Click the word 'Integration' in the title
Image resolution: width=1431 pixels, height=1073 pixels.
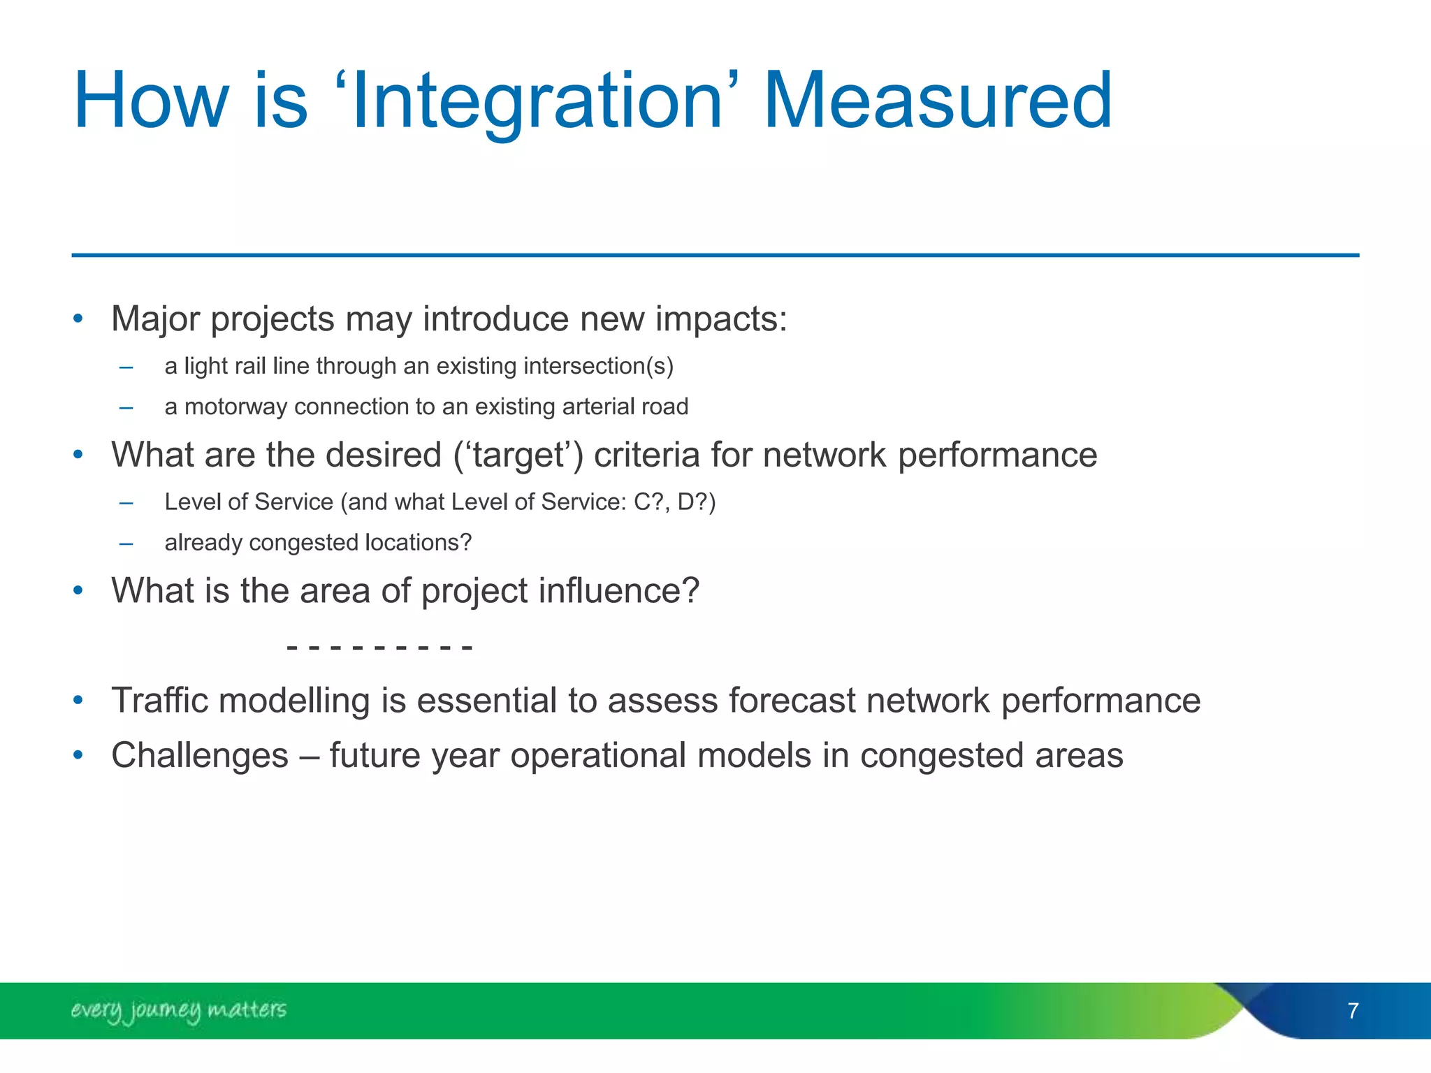point(537,103)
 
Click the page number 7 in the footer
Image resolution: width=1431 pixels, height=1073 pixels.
point(1353,1011)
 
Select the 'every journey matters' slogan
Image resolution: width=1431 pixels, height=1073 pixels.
point(178,1010)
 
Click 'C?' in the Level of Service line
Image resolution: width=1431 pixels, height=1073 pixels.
point(648,502)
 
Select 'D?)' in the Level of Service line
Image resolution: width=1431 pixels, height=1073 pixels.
point(697,502)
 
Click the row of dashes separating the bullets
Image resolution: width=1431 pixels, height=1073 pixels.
point(379,648)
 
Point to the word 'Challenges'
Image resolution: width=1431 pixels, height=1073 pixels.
point(200,755)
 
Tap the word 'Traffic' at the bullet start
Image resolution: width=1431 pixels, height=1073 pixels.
point(159,701)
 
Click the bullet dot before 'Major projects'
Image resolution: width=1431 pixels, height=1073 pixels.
point(78,319)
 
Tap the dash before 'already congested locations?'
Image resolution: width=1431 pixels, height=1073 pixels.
point(126,543)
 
